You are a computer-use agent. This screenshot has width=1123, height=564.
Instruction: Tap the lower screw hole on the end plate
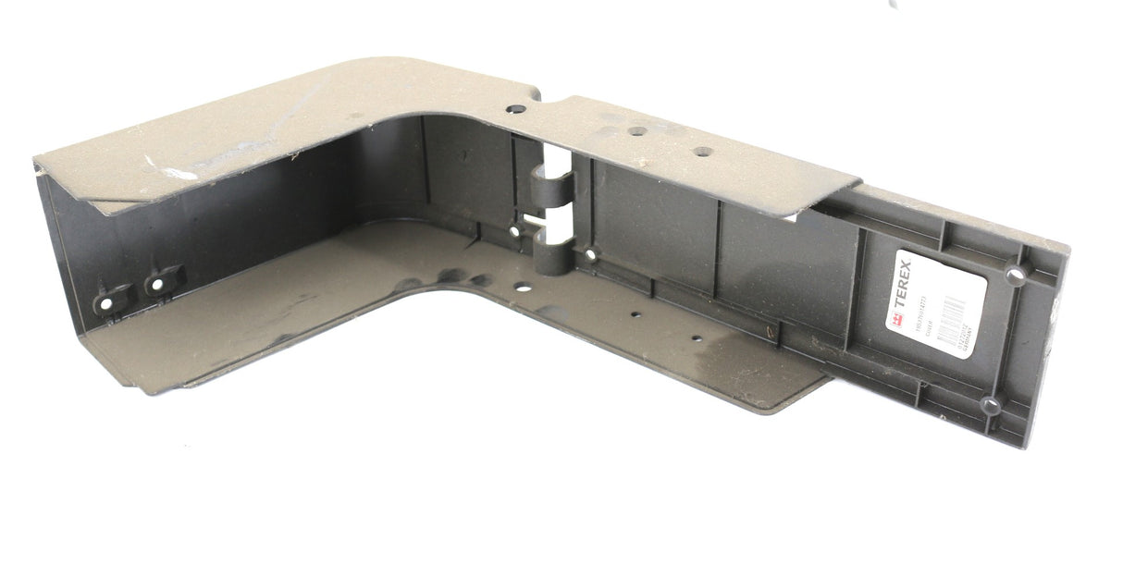coord(992,404)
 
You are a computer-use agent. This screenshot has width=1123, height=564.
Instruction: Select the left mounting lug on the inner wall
coord(105,302)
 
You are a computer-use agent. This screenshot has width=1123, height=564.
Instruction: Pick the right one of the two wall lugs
coord(158,283)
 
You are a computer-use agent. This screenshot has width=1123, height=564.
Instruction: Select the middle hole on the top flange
coord(637,130)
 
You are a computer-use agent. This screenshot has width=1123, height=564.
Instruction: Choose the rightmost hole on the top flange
coord(703,152)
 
